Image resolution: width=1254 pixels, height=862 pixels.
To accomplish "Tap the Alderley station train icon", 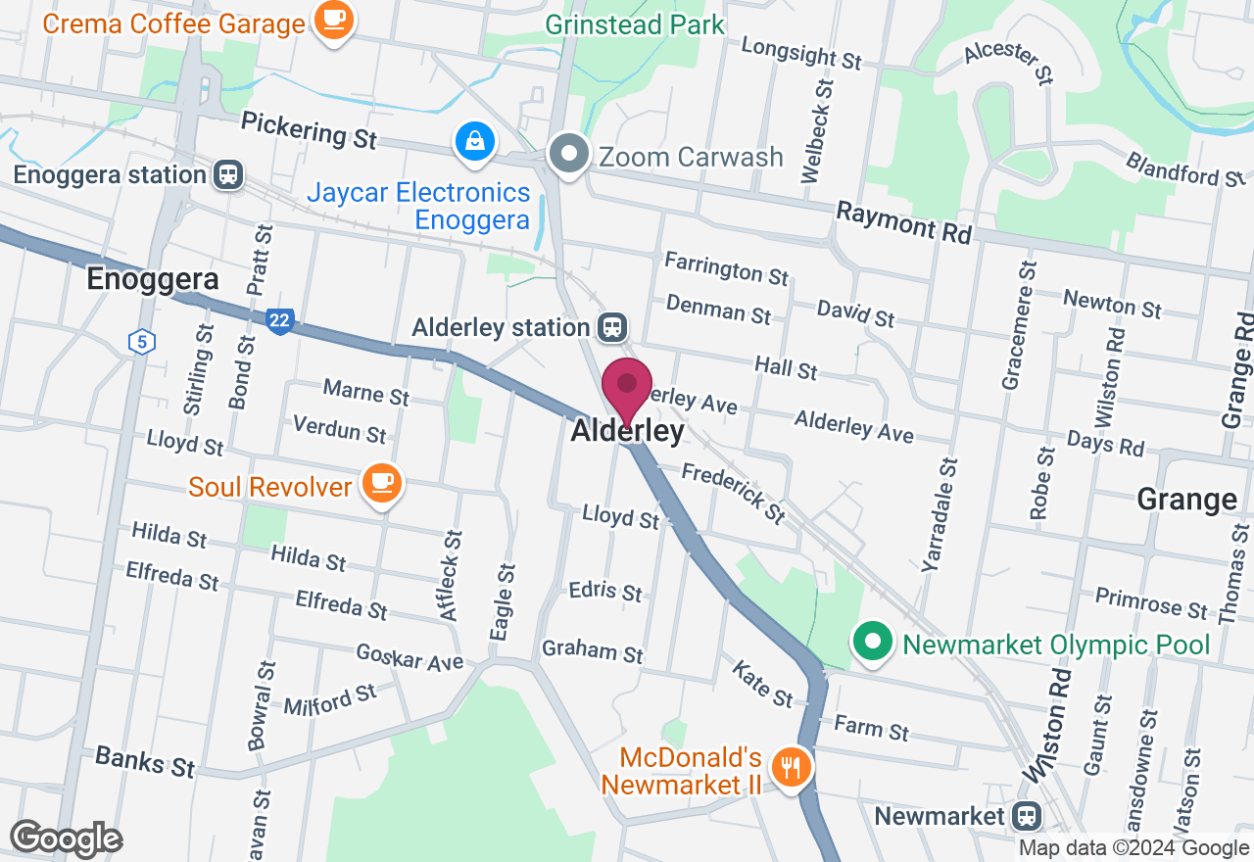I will click(614, 327).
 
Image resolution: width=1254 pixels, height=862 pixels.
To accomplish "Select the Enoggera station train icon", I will click(228, 175).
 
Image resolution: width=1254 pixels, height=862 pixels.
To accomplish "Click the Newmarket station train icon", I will click(1027, 815).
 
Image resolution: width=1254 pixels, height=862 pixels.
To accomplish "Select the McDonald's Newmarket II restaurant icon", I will click(789, 765).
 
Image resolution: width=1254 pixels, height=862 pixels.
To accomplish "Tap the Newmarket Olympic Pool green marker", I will click(873, 644).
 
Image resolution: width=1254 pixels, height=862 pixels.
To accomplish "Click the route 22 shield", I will click(279, 320).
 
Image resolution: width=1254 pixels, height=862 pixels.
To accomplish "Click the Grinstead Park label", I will click(635, 24).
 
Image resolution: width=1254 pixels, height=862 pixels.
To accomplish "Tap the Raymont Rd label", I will click(904, 224).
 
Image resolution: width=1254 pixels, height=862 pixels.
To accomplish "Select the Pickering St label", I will click(309, 129).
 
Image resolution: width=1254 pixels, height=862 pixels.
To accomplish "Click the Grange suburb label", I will click(1186, 500).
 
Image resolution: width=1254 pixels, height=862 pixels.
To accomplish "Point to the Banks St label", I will click(145, 760).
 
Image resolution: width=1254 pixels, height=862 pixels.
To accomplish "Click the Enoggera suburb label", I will click(152, 279).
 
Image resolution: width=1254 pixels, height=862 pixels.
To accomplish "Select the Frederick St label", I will click(734, 493).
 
